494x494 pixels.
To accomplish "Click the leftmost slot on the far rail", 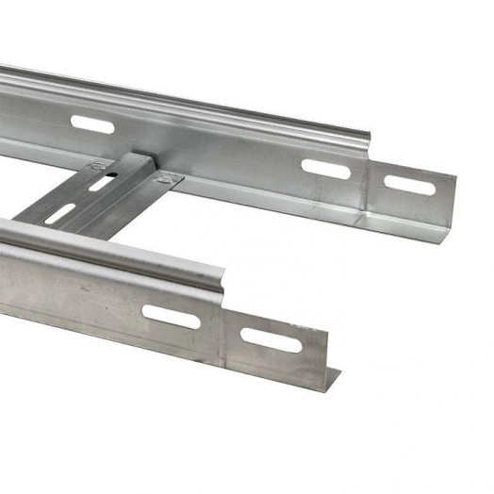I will click(91, 124).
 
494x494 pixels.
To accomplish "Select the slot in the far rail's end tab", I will click(409, 186).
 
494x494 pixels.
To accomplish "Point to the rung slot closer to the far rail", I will click(103, 181).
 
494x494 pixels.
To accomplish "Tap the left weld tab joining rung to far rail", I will click(98, 167).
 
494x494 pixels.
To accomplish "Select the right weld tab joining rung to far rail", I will click(171, 177).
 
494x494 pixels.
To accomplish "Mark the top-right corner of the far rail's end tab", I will click(455, 178).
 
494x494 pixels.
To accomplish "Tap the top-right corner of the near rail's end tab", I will click(326, 331).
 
